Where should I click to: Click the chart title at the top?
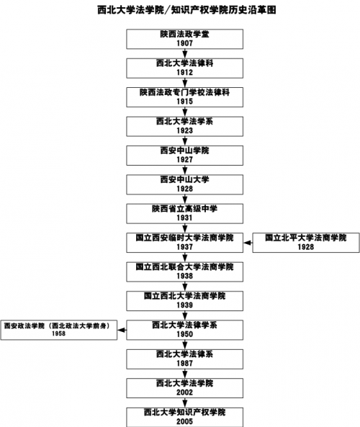pyautogui.click(x=186, y=10)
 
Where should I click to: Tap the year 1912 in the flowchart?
pyautogui.click(x=184, y=73)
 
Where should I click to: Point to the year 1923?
pyautogui.click(x=184, y=131)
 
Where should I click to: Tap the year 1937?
pyautogui.click(x=184, y=247)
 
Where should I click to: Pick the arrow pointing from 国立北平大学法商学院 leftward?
pyautogui.click(x=248, y=243)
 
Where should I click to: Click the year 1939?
pyautogui.click(x=184, y=305)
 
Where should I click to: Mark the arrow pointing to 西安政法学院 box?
pyautogui.click(x=122, y=330)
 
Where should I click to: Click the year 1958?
pyautogui.click(x=59, y=333)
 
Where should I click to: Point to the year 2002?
pyautogui.click(x=184, y=392)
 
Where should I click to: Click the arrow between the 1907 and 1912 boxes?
pyautogui.click(x=184, y=54)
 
